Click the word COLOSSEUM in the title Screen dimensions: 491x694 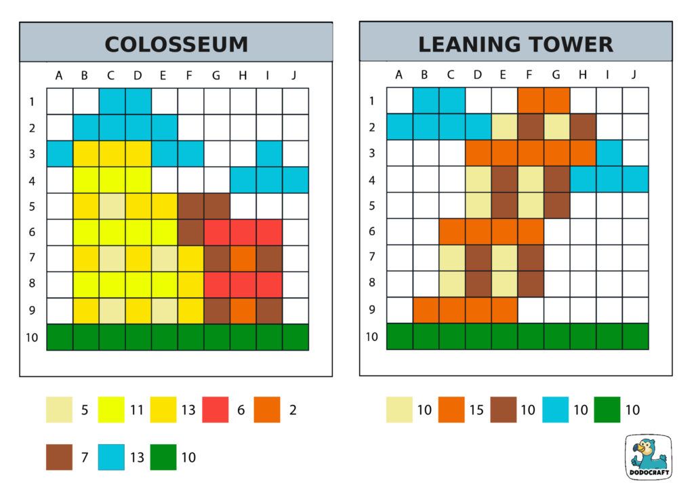tap(176, 45)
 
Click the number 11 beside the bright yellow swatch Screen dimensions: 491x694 tap(137, 410)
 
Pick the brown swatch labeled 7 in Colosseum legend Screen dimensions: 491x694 tap(59, 457)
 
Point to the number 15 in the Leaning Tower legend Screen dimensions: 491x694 tap(476, 410)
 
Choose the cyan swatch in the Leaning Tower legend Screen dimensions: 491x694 tap(555, 410)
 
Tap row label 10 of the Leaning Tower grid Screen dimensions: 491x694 tap(371, 337)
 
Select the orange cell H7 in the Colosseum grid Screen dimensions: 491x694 tap(243, 258)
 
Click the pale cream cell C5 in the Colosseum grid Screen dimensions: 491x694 tap(111, 206)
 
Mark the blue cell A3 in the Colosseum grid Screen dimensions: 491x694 tap(59, 153)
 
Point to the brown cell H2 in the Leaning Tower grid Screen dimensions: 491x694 tap(583, 127)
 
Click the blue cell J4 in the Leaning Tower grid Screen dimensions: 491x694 tap(635, 180)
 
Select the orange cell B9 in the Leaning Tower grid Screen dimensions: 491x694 tap(426, 311)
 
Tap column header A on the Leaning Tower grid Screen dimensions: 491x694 tap(399, 75)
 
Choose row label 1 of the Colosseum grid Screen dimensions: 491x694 tap(31, 102)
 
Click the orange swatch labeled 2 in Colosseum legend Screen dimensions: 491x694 tap(267, 410)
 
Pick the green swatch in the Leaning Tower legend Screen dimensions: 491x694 tap(607, 410)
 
